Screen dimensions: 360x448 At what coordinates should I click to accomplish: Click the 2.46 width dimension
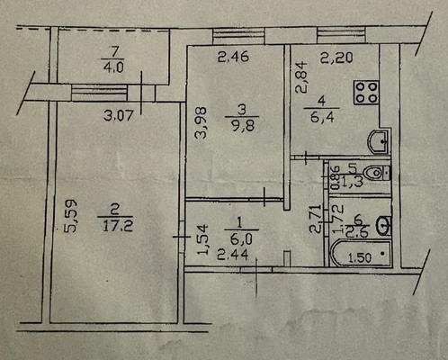[232, 61]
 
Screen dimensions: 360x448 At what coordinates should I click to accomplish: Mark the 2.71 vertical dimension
[314, 219]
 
